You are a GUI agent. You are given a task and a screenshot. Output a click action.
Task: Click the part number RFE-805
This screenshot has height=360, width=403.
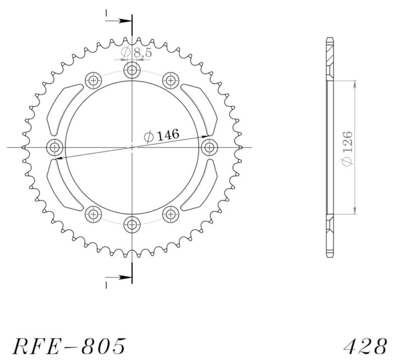point(69,346)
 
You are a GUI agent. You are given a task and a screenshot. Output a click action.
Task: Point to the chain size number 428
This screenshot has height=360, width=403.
point(366,346)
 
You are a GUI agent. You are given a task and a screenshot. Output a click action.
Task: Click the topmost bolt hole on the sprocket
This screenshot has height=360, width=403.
point(132,70)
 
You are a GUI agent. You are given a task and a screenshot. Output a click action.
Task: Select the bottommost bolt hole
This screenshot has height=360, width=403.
point(132,224)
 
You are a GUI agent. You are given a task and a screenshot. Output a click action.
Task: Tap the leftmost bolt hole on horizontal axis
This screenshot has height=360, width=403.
point(55,148)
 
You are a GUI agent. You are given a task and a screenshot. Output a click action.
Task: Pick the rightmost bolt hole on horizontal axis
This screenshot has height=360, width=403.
point(209,148)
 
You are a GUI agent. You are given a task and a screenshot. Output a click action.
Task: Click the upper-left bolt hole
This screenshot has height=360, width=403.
point(94,80)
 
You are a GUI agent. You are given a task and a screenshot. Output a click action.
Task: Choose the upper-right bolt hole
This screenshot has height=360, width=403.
point(170,80)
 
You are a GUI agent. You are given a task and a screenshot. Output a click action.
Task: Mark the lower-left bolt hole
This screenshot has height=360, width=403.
point(94,214)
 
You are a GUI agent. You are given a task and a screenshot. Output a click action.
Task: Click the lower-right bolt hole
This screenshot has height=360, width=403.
point(170,214)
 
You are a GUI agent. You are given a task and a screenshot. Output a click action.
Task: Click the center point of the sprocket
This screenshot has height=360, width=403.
point(132,148)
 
